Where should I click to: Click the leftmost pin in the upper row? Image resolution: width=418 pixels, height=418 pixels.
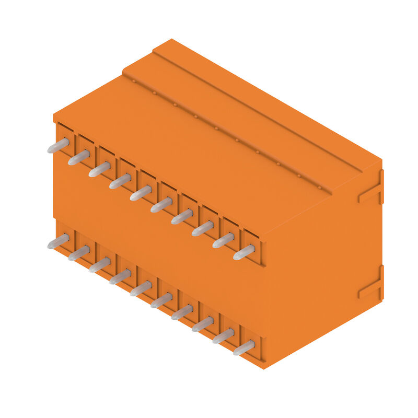point(58,145)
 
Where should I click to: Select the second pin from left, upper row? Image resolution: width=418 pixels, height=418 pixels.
point(79,157)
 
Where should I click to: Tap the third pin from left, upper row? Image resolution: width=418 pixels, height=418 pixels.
point(99,169)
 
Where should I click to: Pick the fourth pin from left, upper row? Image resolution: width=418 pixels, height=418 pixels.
point(120,181)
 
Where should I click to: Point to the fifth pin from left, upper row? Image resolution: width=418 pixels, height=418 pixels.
point(141,193)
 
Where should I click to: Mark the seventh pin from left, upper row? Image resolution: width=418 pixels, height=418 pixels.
point(182,216)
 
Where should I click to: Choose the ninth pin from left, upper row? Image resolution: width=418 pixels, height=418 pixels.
point(223,240)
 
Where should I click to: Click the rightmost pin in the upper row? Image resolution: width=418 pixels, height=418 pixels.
point(243,252)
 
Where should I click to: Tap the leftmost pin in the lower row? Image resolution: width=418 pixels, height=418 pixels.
point(58,241)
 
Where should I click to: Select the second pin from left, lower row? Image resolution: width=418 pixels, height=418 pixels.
point(79,253)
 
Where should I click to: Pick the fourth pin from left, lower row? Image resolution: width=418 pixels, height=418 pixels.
point(120,276)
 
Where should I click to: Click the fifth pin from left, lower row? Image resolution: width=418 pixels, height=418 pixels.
point(141,288)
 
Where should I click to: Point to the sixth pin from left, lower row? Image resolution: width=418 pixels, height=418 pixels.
point(161,300)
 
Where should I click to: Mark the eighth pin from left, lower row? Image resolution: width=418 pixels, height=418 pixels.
point(203,324)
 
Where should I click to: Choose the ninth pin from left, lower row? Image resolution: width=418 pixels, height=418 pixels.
point(223,336)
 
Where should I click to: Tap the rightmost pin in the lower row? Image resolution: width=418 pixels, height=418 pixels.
point(243,347)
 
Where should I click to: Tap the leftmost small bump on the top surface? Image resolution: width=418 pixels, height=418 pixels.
point(134,82)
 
